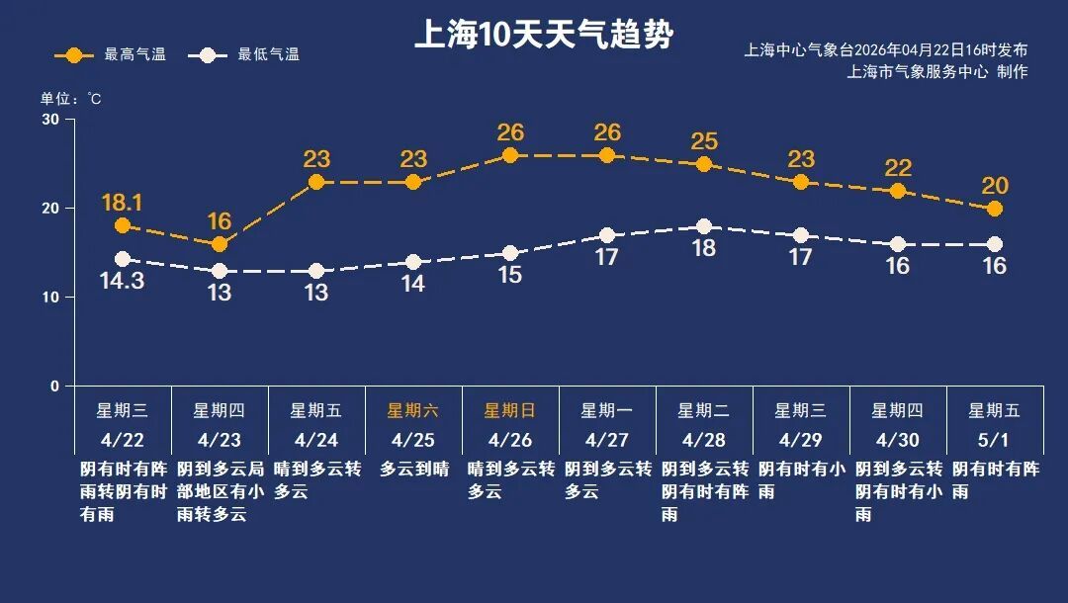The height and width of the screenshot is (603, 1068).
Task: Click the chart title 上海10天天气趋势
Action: tap(543, 37)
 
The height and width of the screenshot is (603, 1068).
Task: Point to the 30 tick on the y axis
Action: tap(50, 120)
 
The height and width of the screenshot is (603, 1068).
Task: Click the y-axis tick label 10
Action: tap(50, 298)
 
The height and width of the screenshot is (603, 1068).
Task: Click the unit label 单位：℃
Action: tap(70, 99)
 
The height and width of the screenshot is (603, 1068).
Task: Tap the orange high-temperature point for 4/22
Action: tap(123, 225)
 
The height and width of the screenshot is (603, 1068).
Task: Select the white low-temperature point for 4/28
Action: tap(704, 226)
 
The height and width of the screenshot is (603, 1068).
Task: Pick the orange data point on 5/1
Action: tap(995, 209)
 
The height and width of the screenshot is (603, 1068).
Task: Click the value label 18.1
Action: tap(123, 203)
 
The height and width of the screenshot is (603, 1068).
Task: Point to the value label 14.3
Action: tap(123, 281)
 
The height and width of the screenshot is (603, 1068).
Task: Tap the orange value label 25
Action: tap(704, 141)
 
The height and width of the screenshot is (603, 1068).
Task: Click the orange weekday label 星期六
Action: tap(412, 411)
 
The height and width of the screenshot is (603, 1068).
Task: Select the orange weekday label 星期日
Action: tap(509, 411)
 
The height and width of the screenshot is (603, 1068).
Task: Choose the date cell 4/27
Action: tap(606, 439)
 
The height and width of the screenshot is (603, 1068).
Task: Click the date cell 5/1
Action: tap(994, 439)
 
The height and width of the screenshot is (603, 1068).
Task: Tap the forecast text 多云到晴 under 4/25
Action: tap(414, 470)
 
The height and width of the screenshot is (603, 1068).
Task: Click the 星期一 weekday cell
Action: tap(606, 411)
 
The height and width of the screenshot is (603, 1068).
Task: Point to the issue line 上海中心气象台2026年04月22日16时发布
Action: tap(886, 50)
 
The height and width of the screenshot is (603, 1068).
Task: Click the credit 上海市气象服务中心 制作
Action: tap(937, 71)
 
